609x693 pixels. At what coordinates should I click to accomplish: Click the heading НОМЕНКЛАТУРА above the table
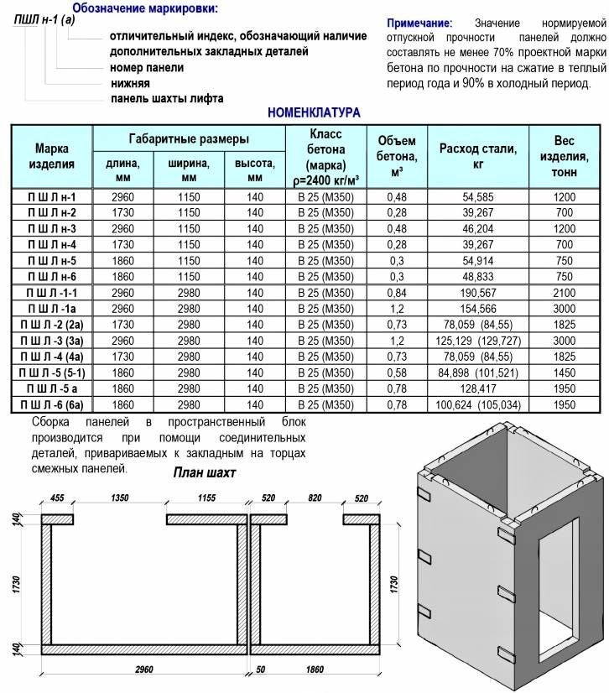click(313, 112)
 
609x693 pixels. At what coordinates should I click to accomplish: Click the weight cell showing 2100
click(565, 292)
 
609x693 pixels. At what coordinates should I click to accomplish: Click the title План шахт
click(205, 473)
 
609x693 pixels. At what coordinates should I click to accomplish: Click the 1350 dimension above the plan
click(121, 498)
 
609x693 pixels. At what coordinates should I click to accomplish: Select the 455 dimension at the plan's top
click(57, 498)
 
